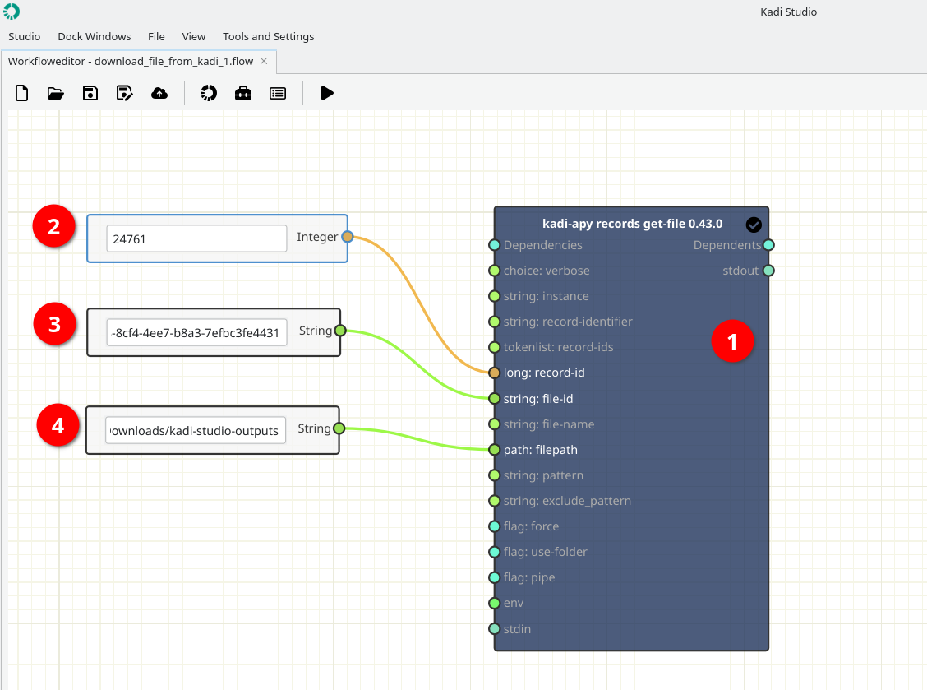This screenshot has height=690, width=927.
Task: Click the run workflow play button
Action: pos(327,93)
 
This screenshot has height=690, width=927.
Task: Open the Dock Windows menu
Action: pos(95,37)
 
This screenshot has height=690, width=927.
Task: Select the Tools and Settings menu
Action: pos(269,37)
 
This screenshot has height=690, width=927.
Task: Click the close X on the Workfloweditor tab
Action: pos(265,61)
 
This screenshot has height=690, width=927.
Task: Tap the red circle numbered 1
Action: pos(732,340)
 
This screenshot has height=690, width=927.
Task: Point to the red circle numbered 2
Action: pos(53,226)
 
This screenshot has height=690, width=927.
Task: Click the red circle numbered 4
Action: pos(58,425)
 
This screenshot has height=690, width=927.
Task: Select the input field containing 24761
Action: pos(196,238)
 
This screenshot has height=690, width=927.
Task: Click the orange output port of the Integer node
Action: pos(348,237)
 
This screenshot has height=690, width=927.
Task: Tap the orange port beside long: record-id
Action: pos(494,373)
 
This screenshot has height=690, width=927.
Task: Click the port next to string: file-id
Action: pos(494,399)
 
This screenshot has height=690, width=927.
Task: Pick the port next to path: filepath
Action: pos(494,450)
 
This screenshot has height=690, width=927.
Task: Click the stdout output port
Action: pos(768,271)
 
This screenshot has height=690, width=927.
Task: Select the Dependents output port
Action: pos(768,245)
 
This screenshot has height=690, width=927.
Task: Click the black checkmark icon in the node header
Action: pos(754,225)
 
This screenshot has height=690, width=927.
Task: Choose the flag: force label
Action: pos(531,526)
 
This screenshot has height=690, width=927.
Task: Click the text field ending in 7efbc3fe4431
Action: pos(196,332)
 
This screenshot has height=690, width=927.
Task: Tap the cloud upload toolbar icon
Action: pos(159,93)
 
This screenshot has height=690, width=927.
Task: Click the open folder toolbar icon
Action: pos(56,93)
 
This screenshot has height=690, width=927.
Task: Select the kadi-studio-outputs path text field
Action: pos(196,430)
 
